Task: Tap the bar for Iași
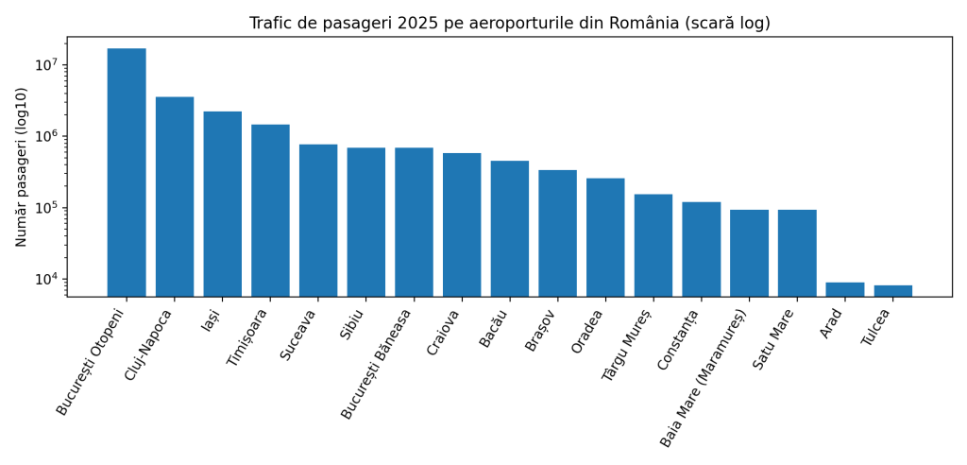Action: point(222,204)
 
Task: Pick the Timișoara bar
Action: point(270,211)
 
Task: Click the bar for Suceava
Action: point(318,220)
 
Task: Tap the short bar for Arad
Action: point(844,289)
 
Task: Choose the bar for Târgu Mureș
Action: point(653,246)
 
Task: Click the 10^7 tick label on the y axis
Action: point(46,65)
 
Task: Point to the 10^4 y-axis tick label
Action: point(46,280)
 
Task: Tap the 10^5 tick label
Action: point(46,208)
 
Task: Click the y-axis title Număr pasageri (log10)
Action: point(22,166)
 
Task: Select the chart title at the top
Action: point(509,23)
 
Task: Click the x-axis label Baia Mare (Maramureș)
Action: point(704,378)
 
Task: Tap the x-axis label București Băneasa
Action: point(378,364)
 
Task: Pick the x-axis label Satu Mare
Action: point(773,339)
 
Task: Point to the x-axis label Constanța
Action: point(678,340)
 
